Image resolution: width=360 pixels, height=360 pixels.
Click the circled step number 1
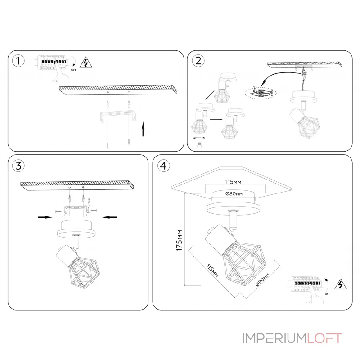click(18, 61)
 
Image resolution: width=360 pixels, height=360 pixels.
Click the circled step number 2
click(198, 60)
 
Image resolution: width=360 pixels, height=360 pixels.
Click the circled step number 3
click(18, 165)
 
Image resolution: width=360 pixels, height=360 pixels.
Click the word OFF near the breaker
click(74, 71)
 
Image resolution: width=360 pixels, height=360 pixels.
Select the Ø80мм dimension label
click(234, 193)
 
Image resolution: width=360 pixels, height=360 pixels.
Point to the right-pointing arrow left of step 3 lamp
click(44, 217)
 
